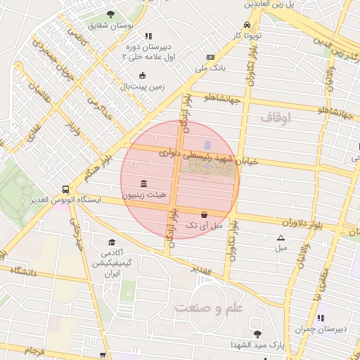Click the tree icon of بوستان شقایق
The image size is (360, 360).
click(x=110, y=14)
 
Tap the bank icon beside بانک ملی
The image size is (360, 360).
click(x=210, y=57)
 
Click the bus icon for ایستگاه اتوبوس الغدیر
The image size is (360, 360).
click(x=65, y=189)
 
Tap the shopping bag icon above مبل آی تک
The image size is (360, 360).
click(x=204, y=215)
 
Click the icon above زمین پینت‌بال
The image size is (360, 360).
click(x=143, y=75)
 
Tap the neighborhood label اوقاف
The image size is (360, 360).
click(x=275, y=118)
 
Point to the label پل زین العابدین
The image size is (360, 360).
click(x=270, y=4)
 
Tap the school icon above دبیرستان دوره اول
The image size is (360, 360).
click(x=147, y=35)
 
